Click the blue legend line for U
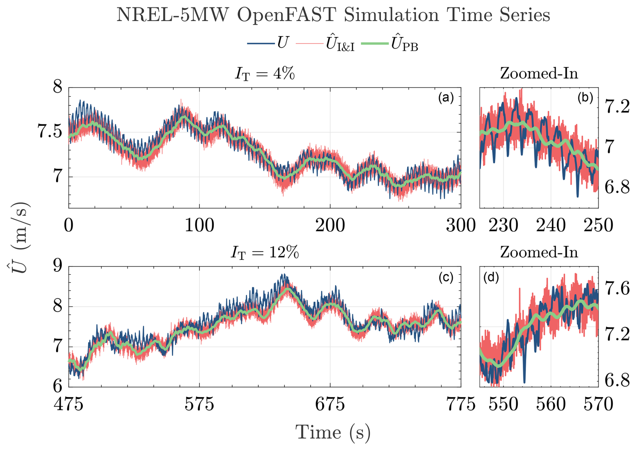coord(261,43)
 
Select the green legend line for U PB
coord(374,43)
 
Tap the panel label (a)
coord(446,98)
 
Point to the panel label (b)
coord(585,98)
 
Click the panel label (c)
coord(446,277)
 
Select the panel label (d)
coord(491,277)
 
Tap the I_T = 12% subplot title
coord(265,252)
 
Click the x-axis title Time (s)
coord(333,432)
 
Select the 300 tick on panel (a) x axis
coord(461,225)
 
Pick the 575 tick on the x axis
coord(199,404)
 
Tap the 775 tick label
coord(461,404)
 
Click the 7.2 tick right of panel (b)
coord(617,107)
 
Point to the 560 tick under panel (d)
coord(551,404)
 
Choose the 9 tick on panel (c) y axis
coord(58,266)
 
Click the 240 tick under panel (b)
coord(551,225)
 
